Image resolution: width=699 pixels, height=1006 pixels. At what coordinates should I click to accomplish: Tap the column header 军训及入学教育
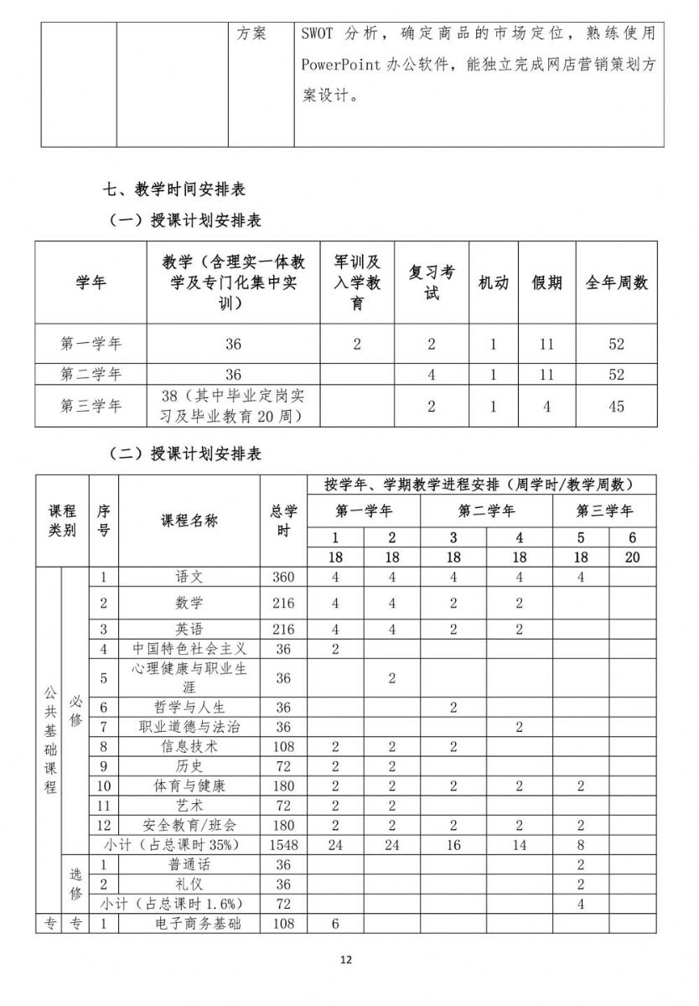click(357, 283)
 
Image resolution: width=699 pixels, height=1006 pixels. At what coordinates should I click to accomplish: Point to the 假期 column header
click(546, 283)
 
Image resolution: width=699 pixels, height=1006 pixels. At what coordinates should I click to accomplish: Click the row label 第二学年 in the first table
click(91, 375)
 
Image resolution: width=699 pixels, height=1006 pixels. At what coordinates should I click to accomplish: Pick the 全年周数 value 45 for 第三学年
click(617, 407)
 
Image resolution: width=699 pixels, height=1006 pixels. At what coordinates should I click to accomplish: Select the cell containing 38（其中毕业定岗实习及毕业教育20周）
click(233, 406)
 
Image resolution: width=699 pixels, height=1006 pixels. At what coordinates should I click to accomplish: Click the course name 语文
click(189, 577)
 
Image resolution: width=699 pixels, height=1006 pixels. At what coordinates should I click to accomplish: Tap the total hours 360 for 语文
click(284, 577)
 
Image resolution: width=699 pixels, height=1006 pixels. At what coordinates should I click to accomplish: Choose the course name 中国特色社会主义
click(189, 649)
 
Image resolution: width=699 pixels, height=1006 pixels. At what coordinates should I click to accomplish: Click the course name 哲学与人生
click(189, 708)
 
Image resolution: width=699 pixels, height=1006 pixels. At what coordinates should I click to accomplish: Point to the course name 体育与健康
click(189, 786)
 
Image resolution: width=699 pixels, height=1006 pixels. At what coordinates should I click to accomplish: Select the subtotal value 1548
click(284, 845)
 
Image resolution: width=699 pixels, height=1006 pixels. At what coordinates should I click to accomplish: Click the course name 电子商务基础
click(189, 924)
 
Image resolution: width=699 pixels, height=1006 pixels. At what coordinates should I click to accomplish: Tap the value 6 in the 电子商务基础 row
click(335, 924)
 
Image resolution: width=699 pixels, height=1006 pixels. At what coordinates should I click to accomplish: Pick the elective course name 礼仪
click(189, 884)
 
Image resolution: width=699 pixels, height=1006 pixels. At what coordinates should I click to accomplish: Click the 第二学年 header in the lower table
click(486, 511)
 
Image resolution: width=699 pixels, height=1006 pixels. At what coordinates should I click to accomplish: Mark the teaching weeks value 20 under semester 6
click(632, 557)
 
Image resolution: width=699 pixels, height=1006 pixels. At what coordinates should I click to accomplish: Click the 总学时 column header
click(284, 521)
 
